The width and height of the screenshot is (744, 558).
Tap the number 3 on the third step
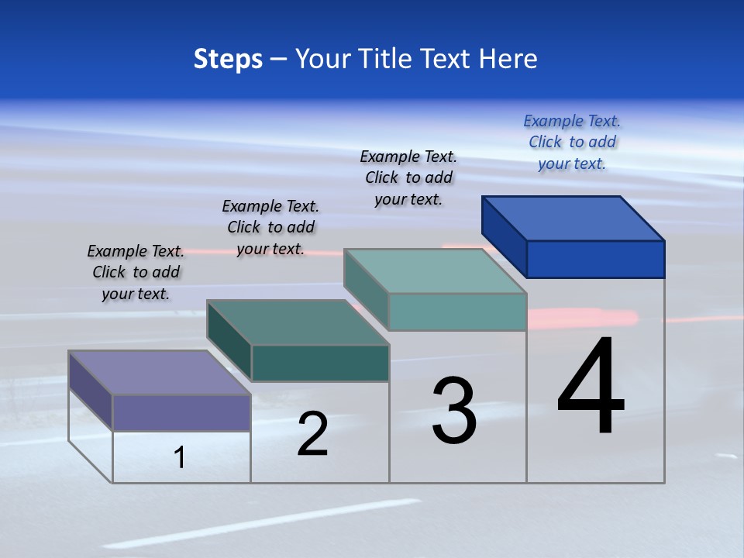(454, 411)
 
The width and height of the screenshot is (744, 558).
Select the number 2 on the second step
(312, 434)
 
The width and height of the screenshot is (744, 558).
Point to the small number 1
(180, 457)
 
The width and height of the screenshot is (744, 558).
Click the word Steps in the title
(228, 59)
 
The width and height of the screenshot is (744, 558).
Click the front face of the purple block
(181, 412)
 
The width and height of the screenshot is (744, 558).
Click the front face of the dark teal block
(320, 363)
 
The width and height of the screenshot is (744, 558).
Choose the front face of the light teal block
(457, 312)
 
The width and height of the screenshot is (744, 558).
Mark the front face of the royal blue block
(595, 259)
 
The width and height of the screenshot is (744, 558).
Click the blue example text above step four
(572, 142)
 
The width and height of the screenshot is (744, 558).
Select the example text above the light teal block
(408, 177)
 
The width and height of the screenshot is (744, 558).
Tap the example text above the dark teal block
(270, 227)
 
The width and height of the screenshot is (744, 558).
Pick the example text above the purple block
(136, 272)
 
